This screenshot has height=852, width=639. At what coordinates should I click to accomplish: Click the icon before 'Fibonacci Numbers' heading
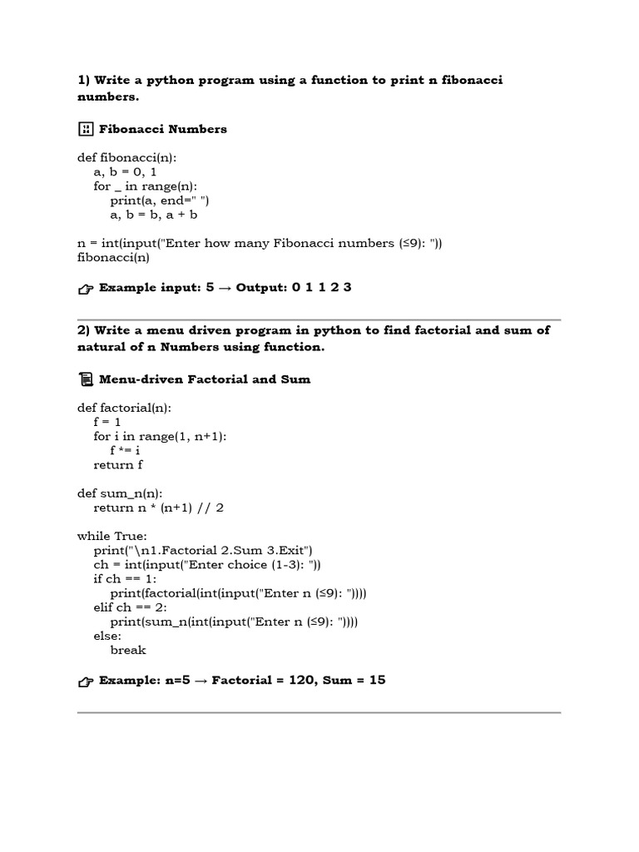pos(86,129)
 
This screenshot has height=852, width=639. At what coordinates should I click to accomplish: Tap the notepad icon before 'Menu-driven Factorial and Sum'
pos(86,379)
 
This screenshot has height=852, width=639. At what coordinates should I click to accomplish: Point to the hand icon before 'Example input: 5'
pos(86,289)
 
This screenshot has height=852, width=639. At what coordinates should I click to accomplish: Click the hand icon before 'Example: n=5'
pos(86,681)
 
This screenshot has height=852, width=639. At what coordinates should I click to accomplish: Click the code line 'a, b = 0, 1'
pos(126,172)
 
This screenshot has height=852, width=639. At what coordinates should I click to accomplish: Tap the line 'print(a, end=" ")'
pos(163,201)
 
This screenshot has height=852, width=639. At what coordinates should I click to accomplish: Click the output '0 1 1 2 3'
pos(321,287)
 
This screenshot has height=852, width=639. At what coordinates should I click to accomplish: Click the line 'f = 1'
pos(107,422)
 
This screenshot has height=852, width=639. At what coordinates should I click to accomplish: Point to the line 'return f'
pos(118,465)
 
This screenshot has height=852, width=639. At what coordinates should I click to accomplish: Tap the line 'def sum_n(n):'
pos(120,493)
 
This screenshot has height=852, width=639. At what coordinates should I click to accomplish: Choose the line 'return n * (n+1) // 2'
pos(159,508)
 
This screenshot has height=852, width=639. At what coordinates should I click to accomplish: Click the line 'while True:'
pos(112,537)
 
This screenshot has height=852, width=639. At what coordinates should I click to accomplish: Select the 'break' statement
pos(128,650)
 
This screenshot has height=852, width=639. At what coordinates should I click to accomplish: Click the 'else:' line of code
pos(107,636)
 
